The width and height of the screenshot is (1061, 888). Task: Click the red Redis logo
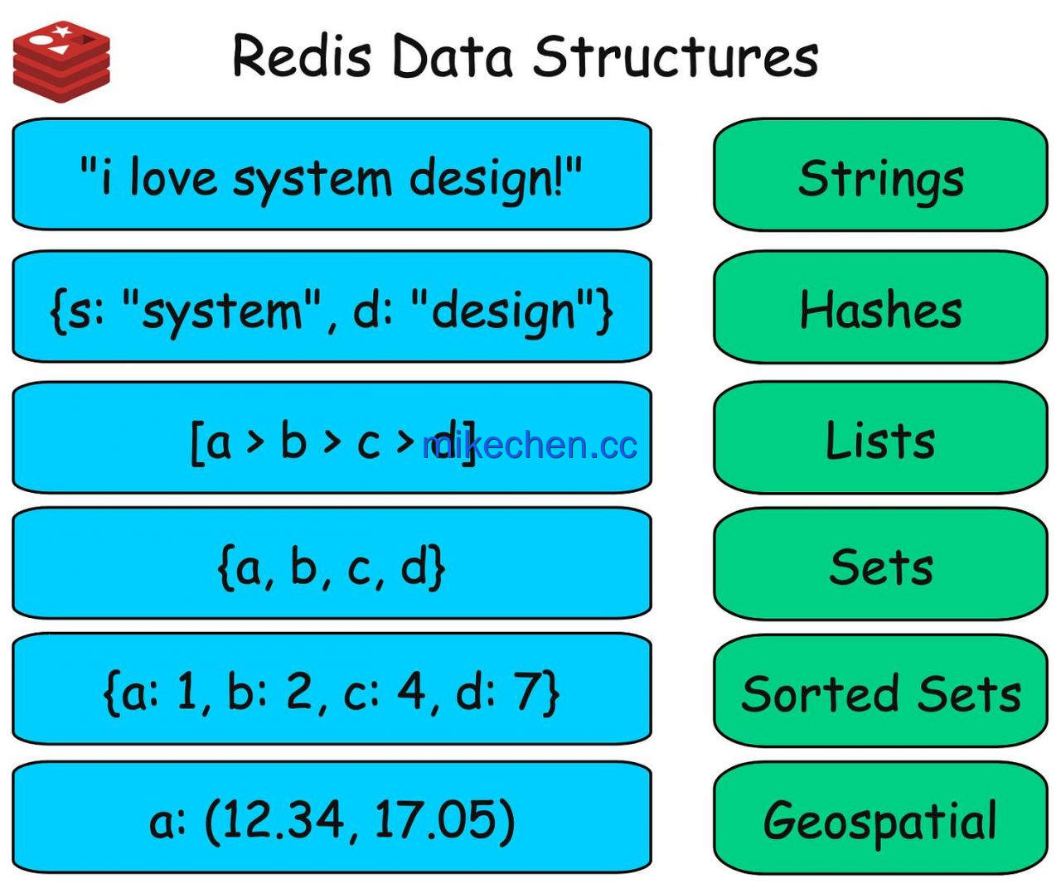(61, 61)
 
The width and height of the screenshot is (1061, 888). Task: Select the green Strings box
(880, 175)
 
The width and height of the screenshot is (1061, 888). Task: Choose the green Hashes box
(880, 306)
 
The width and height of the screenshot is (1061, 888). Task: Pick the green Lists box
(880, 437)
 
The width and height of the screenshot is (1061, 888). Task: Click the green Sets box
(880, 564)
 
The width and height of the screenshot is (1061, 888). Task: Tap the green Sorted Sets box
(880, 691)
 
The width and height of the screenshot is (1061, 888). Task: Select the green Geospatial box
(880, 818)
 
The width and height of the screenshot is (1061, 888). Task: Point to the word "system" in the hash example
(223, 311)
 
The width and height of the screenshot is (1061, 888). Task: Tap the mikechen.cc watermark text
(529, 445)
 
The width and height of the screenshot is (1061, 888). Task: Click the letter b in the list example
(293, 440)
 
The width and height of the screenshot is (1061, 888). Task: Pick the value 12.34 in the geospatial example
(283, 818)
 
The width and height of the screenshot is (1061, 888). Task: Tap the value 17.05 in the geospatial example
(435, 818)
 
